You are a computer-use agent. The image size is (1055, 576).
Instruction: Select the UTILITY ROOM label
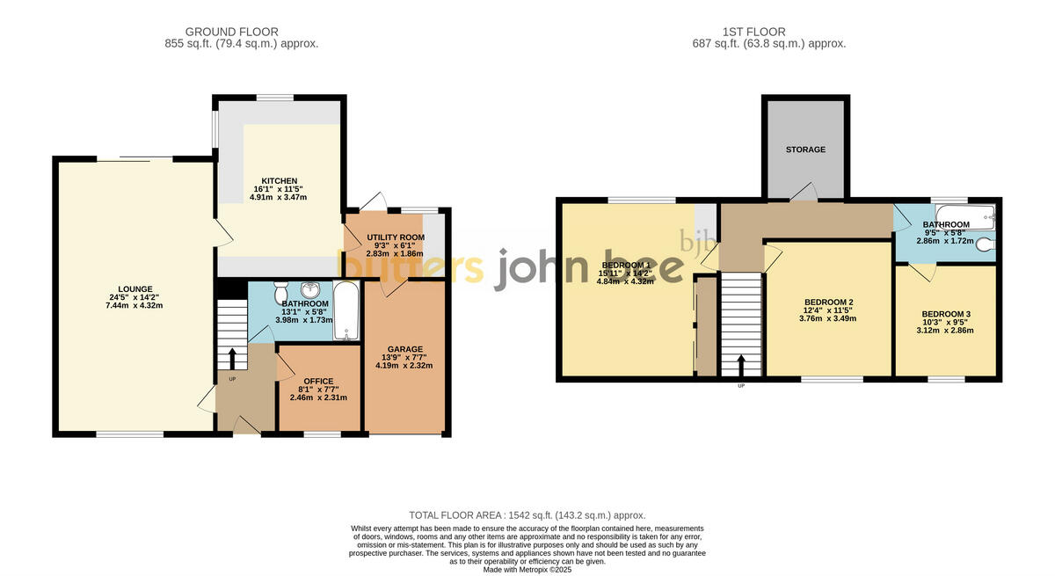pyautogui.click(x=395, y=237)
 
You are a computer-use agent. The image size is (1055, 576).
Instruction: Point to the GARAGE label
pyautogui.click(x=407, y=348)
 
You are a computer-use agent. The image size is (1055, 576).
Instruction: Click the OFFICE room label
pyautogui.click(x=318, y=381)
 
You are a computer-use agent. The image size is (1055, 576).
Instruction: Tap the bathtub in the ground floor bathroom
pyautogui.click(x=346, y=310)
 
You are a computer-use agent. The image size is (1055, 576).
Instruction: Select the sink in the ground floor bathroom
pyautogui.click(x=310, y=290)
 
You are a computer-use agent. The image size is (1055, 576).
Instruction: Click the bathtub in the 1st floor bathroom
pyautogui.click(x=964, y=214)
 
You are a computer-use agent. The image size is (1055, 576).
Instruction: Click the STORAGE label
pyautogui.click(x=805, y=149)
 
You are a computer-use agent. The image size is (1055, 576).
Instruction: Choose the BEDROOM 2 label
pyautogui.click(x=829, y=303)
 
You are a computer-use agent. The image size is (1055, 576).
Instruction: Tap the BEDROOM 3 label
pyautogui.click(x=945, y=314)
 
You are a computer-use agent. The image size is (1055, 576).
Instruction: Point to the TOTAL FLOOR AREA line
pyautogui.click(x=527, y=515)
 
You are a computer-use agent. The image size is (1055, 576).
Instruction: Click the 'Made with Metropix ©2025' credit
pyautogui.click(x=527, y=569)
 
